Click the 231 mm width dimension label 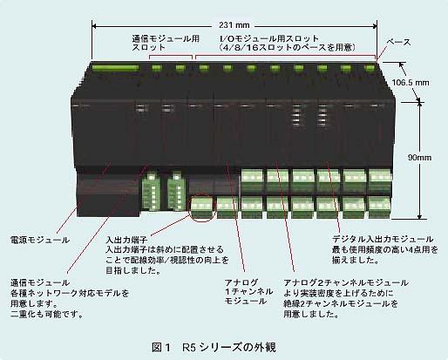coord(234,25)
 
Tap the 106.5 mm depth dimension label coord(411,83)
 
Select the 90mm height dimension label coord(419,158)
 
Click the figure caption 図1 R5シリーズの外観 coord(214,347)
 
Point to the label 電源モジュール coord(40,240)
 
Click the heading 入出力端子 coord(126,240)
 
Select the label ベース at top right coord(398,43)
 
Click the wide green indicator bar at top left coord(115,68)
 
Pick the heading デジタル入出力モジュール coord(383,239)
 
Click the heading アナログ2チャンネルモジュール coord(346,282)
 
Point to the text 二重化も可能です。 coord(47,314)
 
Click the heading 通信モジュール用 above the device coord(166,38)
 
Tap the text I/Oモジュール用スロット coord(268,38)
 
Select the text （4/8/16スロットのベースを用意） coord(287,47)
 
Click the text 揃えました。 coord(356,260)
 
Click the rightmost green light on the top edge coord(370,69)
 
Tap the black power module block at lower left coord(108,194)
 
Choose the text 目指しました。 coord(133,271)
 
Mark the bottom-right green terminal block coord(379,207)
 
